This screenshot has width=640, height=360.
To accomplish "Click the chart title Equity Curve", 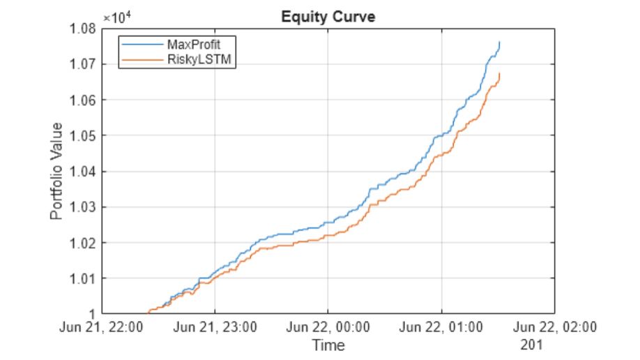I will point(328,17).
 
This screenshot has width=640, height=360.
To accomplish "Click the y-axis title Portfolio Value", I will point(57,171).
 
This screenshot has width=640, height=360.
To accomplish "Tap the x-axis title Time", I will point(328,345).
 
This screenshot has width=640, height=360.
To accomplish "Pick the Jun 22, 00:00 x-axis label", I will point(328,327).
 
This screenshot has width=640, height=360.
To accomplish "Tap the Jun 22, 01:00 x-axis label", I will point(441,327).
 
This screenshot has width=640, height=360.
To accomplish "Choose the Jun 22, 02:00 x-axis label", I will point(555,327).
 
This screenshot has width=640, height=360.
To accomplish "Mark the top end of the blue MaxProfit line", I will point(499,42).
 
